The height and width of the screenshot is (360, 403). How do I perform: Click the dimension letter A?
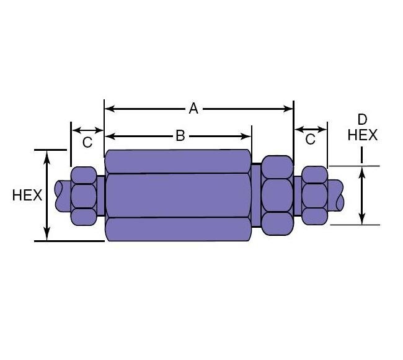coord(193,109)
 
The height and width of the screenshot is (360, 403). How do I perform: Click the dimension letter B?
coord(180,136)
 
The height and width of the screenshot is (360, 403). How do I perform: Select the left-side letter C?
coord(87,142)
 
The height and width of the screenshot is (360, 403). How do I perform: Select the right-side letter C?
coord(310,140)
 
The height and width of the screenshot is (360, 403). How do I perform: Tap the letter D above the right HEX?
coord(363,120)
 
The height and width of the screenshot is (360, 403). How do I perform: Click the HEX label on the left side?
coord(27,195)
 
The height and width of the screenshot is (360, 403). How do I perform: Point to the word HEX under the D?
coord(363,135)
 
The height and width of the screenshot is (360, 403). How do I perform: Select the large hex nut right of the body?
coord(277,195)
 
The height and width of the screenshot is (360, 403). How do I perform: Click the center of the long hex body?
coord(179,195)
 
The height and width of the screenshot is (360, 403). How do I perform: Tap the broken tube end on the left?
coord(62,195)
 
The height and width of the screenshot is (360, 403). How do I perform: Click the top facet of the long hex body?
coord(179,161)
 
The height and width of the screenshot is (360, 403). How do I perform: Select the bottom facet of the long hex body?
coord(179,229)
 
